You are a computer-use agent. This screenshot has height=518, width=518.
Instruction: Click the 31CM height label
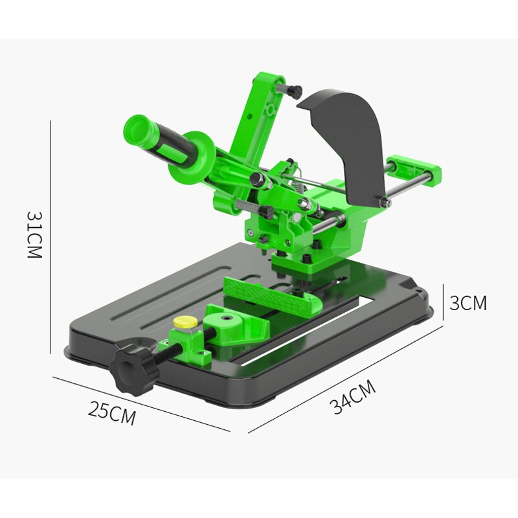(x=34, y=234)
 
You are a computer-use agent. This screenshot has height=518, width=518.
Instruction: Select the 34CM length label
(x=353, y=397)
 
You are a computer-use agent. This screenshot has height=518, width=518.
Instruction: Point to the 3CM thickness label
(x=467, y=302)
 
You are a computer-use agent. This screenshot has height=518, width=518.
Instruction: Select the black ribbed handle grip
(x=170, y=148)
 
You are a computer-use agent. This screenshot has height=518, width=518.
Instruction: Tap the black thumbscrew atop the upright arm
(x=295, y=89)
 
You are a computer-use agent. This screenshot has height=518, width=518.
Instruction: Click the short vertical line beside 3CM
(x=444, y=302)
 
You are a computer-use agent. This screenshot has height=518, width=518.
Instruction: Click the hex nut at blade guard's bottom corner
(x=386, y=203)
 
